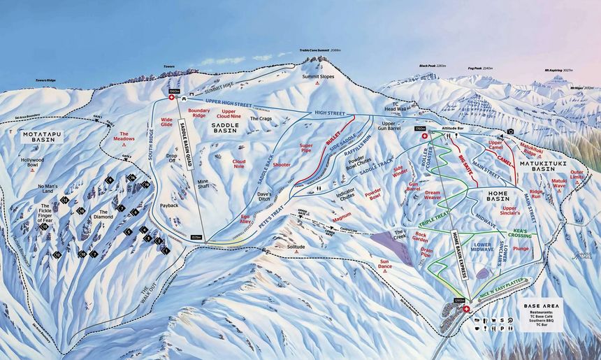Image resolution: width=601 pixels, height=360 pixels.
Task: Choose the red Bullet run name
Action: tap(332, 141)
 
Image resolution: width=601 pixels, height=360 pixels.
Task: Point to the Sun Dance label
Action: tap(385, 265)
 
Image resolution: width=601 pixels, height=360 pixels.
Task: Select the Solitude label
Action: tap(296, 247)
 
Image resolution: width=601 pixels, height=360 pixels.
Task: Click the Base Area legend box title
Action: tap(542, 305)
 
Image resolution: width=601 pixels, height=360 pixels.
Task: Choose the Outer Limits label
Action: tap(577, 175)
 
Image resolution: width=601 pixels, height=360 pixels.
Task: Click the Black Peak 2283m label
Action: tap(433, 66)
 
